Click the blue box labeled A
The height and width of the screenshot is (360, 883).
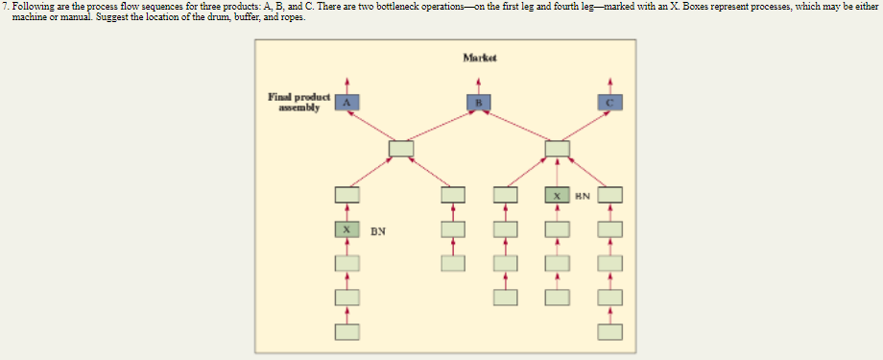point(347,101)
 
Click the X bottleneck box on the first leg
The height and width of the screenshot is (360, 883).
point(347,230)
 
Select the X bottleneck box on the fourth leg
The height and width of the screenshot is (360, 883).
point(557,196)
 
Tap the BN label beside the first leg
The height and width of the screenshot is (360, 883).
point(379,231)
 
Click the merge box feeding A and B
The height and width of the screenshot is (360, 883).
point(401,149)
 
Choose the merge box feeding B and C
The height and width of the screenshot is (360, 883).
point(557,149)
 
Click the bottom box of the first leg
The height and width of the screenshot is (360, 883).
point(347,332)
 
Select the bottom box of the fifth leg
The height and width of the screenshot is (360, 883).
point(609,332)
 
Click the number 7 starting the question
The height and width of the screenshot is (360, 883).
point(5,6)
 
